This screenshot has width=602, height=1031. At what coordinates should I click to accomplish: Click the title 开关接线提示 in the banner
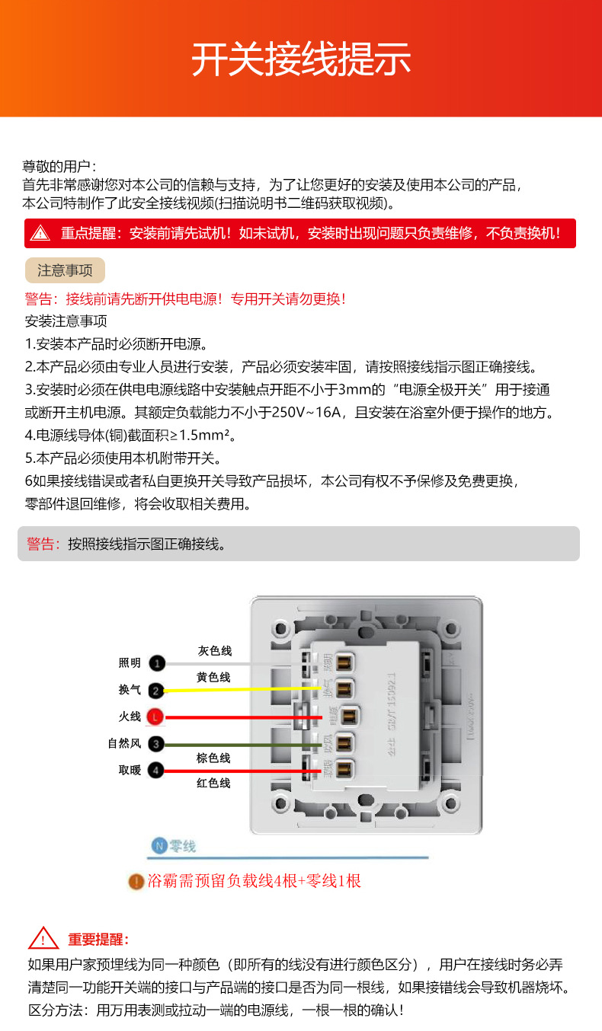click(301, 59)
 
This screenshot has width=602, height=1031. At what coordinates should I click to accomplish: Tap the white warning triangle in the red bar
click(40, 233)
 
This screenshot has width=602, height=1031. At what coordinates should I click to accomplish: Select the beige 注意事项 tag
click(65, 270)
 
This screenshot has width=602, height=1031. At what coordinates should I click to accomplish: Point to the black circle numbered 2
click(155, 691)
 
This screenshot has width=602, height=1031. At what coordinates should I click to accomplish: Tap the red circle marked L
click(155, 717)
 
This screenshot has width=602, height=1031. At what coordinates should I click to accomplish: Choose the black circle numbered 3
click(155, 744)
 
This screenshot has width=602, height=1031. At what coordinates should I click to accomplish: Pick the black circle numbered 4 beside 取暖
click(155, 771)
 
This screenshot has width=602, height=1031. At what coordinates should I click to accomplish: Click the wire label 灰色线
click(214, 651)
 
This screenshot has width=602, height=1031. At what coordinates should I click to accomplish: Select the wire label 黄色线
click(213, 677)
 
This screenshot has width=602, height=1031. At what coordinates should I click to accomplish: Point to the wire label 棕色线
click(213, 758)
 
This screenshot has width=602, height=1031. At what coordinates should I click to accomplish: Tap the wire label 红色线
click(213, 783)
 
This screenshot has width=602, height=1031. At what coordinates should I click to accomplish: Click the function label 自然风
click(124, 744)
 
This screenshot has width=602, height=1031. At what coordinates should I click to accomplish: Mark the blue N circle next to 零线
click(159, 846)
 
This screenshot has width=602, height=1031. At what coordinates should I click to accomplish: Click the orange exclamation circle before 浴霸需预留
click(136, 882)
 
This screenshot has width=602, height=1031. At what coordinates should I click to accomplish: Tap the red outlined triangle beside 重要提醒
click(43, 939)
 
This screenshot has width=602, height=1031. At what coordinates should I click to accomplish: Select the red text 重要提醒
click(98, 940)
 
